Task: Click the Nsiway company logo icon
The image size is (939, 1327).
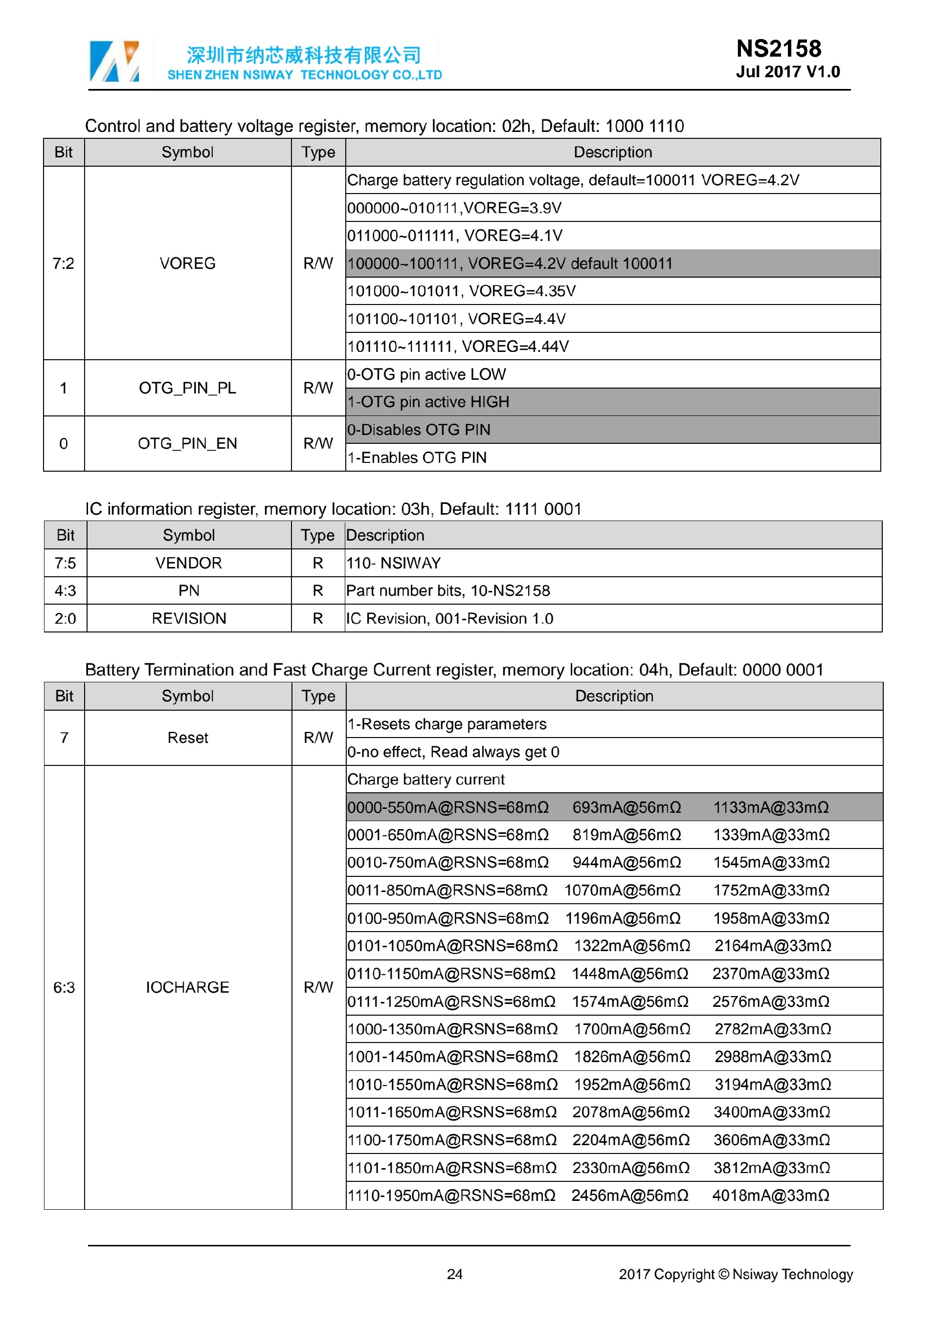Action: tap(114, 61)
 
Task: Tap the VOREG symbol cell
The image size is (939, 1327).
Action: tap(187, 263)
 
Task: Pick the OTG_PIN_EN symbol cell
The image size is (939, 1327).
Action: tap(187, 443)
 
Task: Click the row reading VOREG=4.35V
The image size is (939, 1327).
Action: tap(461, 291)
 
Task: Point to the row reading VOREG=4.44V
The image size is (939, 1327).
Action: tap(458, 346)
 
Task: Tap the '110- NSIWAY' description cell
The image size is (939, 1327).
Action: tap(393, 563)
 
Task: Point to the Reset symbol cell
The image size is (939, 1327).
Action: tap(187, 738)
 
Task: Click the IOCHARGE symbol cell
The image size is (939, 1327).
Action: tap(187, 987)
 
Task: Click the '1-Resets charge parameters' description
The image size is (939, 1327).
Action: tap(447, 724)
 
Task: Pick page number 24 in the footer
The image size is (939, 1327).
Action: tap(454, 1274)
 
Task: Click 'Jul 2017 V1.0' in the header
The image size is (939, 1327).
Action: tap(787, 72)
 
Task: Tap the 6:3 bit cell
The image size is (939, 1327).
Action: tap(64, 987)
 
